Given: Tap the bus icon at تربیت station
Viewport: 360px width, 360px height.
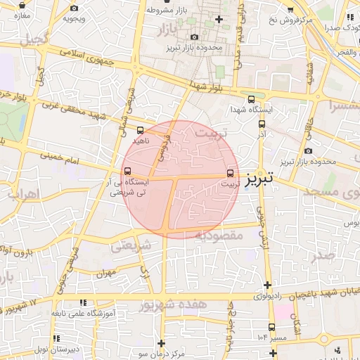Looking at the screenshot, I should [231, 173].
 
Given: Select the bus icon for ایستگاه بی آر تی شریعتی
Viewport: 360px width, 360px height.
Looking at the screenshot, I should [127, 171].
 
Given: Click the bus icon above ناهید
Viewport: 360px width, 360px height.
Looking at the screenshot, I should [140, 130].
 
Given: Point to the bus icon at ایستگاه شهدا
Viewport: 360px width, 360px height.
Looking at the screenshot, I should [252, 99].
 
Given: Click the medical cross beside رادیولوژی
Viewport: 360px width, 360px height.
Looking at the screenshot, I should [266, 285].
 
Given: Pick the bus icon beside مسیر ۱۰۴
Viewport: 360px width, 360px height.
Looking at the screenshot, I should [271, 327].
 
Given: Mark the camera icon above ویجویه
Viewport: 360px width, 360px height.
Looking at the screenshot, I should [74, 8].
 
